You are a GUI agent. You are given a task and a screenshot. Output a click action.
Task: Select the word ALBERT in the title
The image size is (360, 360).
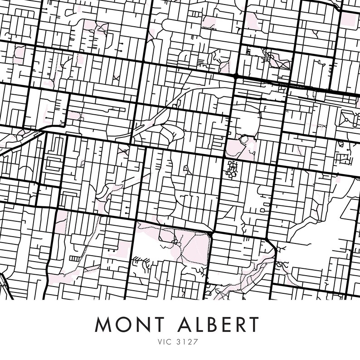[224, 325]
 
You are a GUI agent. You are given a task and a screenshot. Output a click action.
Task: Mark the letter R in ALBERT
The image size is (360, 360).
[249, 325]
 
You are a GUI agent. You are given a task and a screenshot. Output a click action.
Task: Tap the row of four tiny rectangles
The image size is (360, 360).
[73, 258]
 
